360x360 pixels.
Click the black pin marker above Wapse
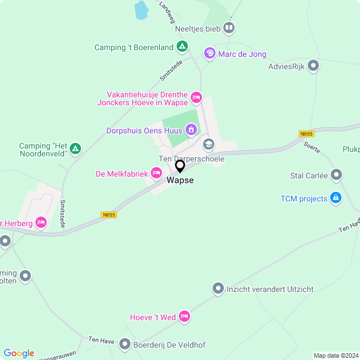(180, 166)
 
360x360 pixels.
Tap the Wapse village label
(180, 181)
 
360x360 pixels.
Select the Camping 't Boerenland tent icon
(182, 47)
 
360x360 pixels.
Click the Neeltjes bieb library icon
(228, 27)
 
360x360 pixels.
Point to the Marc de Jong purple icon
(209, 53)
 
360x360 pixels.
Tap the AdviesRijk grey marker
(314, 66)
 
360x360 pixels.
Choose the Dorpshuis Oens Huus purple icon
(191, 130)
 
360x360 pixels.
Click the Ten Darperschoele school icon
(209, 144)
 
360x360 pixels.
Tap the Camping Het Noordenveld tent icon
(75, 149)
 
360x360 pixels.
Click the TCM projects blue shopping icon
(336, 198)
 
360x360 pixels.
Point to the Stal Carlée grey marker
(336, 175)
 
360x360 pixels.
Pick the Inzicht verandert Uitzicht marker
(218, 289)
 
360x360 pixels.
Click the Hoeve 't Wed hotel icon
(184, 317)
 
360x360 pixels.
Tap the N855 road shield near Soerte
(307, 133)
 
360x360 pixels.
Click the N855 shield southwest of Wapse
(109, 214)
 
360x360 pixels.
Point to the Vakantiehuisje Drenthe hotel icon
(196, 98)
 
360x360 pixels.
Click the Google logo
(19, 353)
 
